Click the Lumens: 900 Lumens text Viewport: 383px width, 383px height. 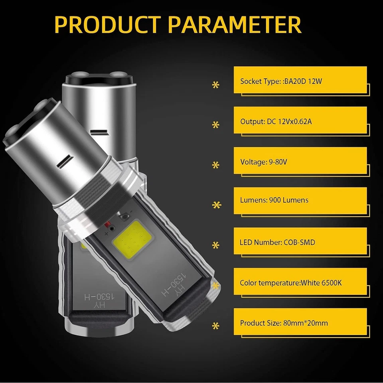[274, 200]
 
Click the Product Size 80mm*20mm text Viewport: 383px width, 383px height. [284, 323]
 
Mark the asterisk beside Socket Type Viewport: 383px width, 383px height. [216, 85]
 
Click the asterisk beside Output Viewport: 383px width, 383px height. [216, 125]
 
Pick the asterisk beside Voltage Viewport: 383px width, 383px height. [216, 165]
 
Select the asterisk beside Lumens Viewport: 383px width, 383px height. [216, 205]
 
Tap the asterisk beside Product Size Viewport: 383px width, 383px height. [216, 326]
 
